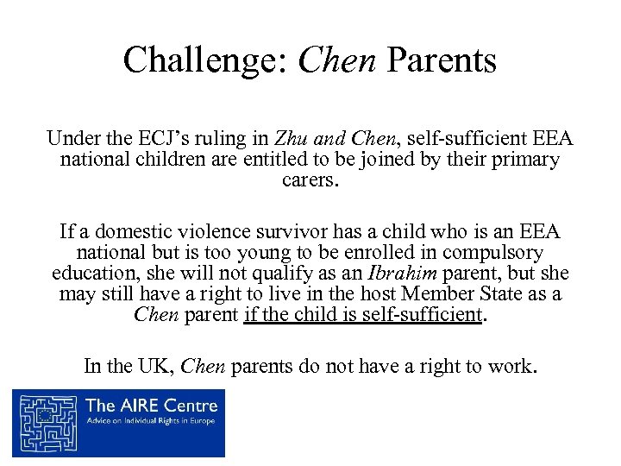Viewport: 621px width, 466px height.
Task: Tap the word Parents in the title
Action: point(442,60)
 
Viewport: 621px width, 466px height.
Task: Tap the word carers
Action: point(310,181)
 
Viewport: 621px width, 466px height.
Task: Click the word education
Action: point(89,274)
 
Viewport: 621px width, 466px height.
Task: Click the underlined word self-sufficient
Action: point(423,315)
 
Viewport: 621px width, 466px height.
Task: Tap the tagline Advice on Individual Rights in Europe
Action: point(151,422)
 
